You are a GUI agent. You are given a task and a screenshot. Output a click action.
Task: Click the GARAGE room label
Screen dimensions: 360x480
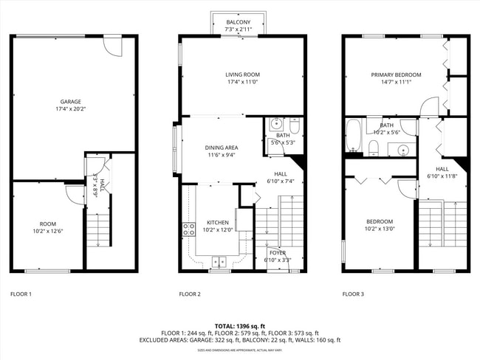click(71, 101)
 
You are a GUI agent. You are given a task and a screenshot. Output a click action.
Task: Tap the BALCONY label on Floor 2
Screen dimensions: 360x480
click(238, 23)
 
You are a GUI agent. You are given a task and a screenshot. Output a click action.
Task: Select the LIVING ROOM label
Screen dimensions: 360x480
click(242, 75)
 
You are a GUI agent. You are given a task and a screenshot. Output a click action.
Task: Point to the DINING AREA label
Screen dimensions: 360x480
click(221, 148)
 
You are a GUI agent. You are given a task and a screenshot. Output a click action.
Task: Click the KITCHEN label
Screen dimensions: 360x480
click(217, 222)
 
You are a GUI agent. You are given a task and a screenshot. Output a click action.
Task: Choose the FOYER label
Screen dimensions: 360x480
click(277, 253)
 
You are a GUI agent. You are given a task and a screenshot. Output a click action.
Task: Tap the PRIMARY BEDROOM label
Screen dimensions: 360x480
click(396, 75)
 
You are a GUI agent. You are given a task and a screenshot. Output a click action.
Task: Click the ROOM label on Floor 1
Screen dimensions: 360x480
click(48, 223)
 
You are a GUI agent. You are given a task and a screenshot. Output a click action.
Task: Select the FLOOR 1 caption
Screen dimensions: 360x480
click(21, 294)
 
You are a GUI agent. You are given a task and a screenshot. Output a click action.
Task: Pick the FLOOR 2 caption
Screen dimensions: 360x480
click(190, 294)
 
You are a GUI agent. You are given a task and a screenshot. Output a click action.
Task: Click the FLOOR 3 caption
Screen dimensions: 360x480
click(353, 294)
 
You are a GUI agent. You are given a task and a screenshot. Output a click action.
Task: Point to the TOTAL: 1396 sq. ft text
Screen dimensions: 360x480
click(240, 325)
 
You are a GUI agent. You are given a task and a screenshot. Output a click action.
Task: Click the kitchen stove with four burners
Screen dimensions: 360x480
click(188, 229)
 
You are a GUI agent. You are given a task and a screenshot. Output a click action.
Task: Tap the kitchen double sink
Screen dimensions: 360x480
click(219, 260)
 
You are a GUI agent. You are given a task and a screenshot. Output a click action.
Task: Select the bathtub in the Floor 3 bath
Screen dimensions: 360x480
click(354, 137)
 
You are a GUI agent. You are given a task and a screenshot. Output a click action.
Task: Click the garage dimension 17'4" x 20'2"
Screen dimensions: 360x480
click(71, 108)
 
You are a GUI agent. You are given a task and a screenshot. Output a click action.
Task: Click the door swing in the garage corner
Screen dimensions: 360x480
click(112, 47)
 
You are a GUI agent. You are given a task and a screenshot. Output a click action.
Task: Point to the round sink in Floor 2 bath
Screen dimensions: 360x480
click(275, 124)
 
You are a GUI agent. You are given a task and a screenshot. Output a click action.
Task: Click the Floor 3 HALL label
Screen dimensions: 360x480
click(442, 169)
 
